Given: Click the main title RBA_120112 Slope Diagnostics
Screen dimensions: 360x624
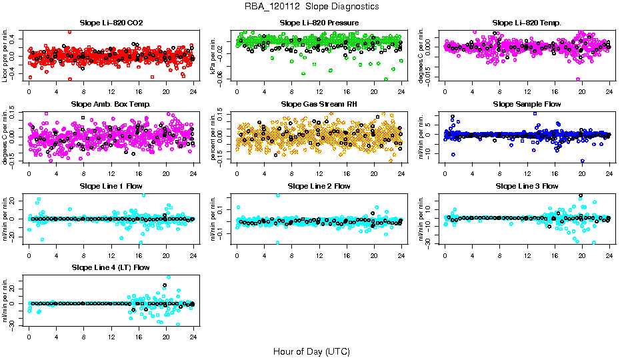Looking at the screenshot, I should (312, 6).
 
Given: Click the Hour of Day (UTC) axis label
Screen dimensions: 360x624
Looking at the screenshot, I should (311, 351).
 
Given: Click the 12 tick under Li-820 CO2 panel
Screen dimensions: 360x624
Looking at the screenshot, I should (111, 92).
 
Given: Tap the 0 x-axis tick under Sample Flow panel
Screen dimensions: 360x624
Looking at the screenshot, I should (445, 173).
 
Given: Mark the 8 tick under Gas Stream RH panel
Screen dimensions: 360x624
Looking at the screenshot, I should (291, 173).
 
